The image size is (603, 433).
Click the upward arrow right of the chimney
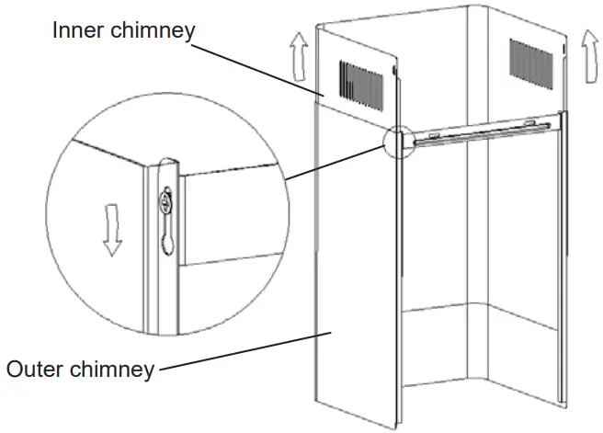586,43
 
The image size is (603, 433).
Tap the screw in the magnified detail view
166,197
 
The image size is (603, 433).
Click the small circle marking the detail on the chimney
398,141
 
